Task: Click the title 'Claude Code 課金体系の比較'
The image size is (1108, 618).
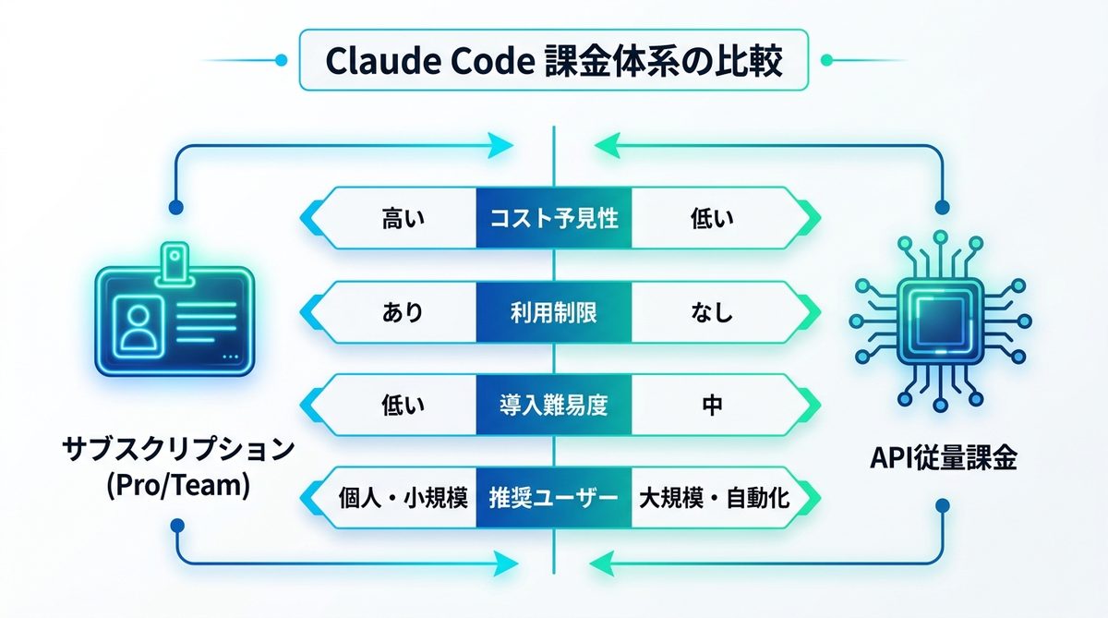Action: tap(554, 61)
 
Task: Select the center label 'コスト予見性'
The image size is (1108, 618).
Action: tap(554, 218)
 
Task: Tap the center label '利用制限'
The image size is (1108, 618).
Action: tap(554, 312)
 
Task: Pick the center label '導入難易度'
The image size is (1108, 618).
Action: tap(554, 405)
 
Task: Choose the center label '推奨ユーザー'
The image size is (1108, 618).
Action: tap(554, 499)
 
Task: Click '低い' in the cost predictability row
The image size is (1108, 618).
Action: tap(711, 218)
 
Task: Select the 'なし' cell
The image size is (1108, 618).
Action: tap(711, 312)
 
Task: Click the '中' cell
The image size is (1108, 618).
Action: tap(711, 405)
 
